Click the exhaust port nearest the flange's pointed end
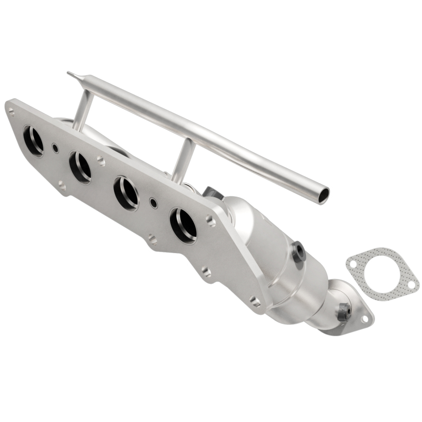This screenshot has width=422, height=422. [x=34, y=140]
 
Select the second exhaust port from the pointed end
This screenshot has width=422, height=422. [x=80, y=167]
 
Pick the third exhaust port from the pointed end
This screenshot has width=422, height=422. [x=127, y=193]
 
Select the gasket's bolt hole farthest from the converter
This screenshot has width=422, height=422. [x=411, y=285]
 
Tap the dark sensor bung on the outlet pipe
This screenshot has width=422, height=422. [x=344, y=312]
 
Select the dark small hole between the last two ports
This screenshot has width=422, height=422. [x=153, y=202]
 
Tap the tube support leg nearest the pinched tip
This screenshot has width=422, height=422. [x=81, y=110]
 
